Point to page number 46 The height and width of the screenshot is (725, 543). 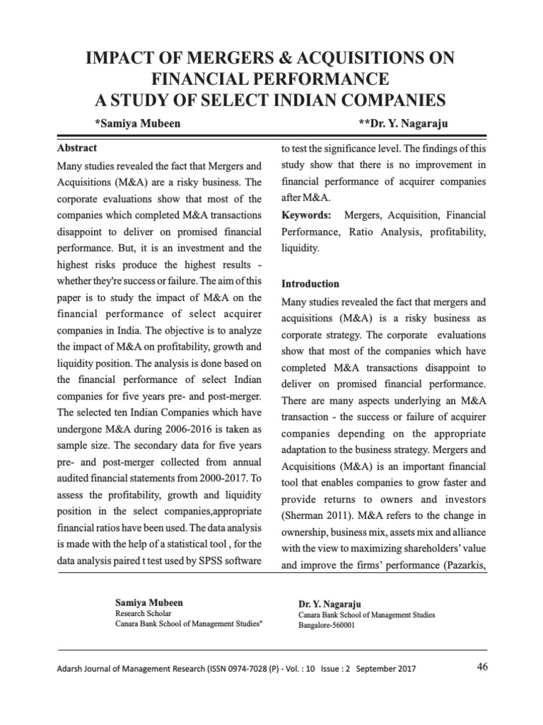(483, 667)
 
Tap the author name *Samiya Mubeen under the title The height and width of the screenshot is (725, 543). (137, 124)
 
